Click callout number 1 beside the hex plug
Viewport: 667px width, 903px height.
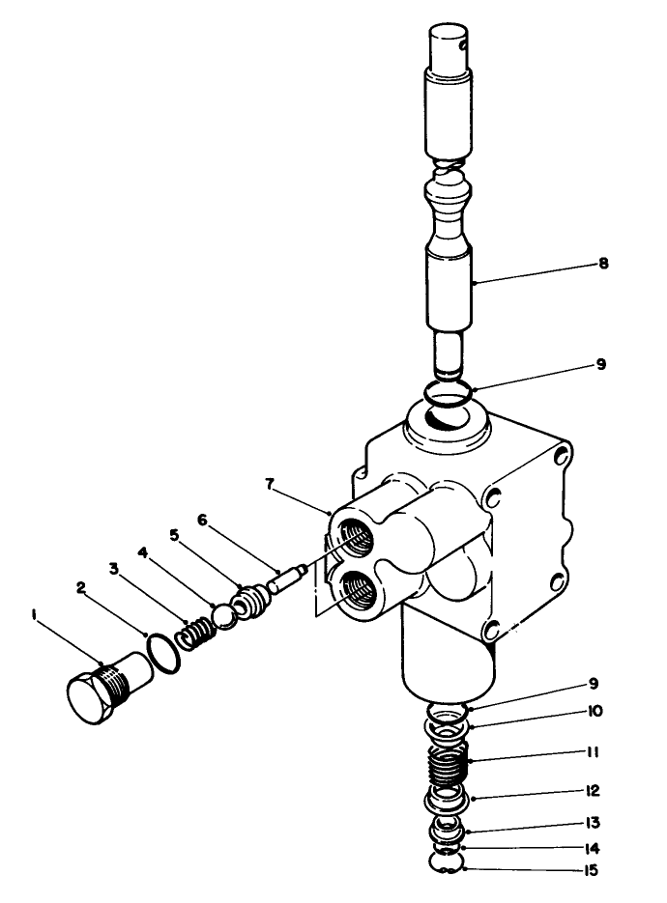[34, 613]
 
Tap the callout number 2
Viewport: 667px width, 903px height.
[82, 586]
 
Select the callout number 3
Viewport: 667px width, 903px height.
[115, 569]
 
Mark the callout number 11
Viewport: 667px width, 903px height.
[593, 749]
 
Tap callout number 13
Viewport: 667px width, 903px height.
[593, 823]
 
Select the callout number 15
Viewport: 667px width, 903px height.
[593, 870]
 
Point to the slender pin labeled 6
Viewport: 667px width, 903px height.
[287, 581]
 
